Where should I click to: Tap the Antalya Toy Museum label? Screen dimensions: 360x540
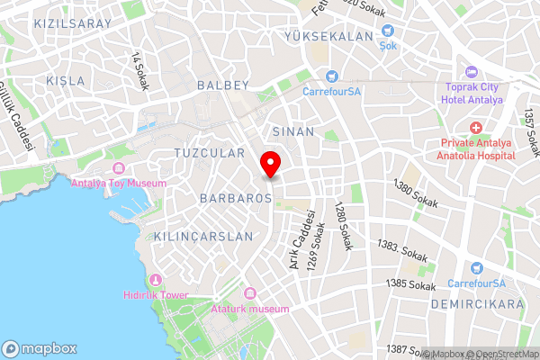click(x=118, y=184)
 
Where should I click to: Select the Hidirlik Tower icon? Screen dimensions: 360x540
click(x=157, y=280)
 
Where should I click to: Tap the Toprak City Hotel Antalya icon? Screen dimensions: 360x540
click(x=470, y=73)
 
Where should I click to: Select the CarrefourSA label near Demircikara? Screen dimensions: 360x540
click(x=477, y=284)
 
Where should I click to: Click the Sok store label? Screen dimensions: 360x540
click(x=388, y=45)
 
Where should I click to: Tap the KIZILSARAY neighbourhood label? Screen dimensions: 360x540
click(x=73, y=22)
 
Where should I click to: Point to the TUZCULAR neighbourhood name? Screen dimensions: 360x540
click(x=209, y=153)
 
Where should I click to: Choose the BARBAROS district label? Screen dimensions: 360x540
click(x=236, y=196)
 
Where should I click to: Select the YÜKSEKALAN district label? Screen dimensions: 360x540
click(x=328, y=36)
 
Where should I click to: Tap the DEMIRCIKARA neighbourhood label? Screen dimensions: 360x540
click(x=489, y=305)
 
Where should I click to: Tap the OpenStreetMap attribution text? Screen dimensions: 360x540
click(x=505, y=354)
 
